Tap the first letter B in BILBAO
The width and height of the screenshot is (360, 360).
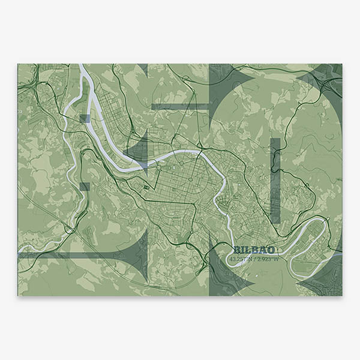236,250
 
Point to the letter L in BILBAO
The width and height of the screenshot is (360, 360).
247,250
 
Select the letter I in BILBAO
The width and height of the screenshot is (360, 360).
242,250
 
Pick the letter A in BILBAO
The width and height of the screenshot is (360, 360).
263,250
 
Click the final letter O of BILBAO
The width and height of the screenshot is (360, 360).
271,250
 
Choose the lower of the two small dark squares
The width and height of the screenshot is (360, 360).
85,187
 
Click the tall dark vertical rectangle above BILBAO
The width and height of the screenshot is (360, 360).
275,180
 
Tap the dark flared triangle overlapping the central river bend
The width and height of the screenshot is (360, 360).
139,150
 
